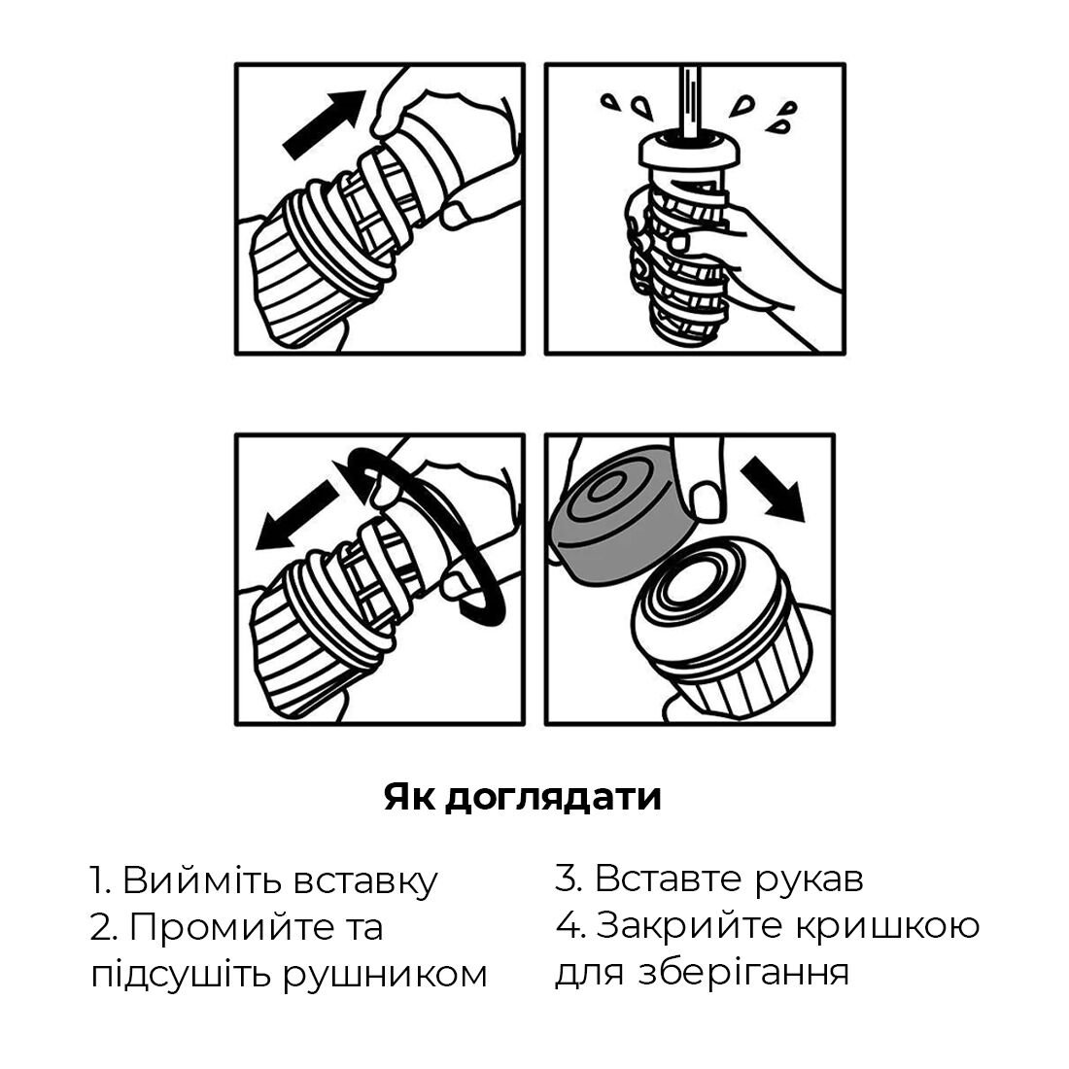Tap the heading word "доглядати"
pyautogui.click(x=552, y=797)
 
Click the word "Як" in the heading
pyautogui.click(x=409, y=797)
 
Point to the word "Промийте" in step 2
pyautogui.click(x=220, y=927)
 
